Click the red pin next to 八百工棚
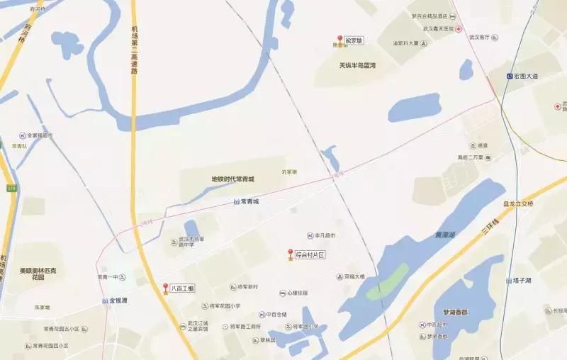pyautogui.click(x=166, y=288)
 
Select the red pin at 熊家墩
pyautogui.click(x=339, y=40)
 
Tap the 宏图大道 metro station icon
pyautogui.click(x=510, y=76)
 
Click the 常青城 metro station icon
pyautogui.click(x=236, y=202)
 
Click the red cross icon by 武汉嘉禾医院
pyautogui.click(x=459, y=29)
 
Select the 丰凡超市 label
pyautogui.click(x=325, y=235)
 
